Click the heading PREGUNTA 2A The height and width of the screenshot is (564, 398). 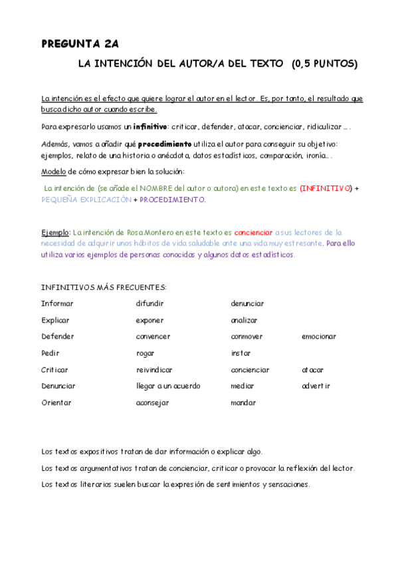[80, 45]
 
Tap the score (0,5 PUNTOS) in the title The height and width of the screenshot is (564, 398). [324, 64]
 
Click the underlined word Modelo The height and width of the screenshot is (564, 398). [54, 172]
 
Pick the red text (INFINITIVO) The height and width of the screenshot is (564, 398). [326, 188]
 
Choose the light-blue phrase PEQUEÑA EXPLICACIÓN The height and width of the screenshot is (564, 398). [86, 200]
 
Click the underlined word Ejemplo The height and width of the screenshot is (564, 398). [55, 232]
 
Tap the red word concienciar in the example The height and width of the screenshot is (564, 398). [253, 232]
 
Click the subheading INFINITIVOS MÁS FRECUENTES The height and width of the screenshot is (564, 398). [103, 287]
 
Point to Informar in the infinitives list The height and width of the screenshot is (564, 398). [57, 303]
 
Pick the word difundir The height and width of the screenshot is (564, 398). [149, 303]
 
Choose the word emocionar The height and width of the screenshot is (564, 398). [318, 337]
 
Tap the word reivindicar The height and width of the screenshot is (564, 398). [154, 370]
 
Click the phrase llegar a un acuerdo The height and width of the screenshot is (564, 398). [167, 386]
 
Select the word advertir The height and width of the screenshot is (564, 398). [316, 386]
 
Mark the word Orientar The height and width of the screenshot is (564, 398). [56, 402]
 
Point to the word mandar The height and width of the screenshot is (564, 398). [243, 402]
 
